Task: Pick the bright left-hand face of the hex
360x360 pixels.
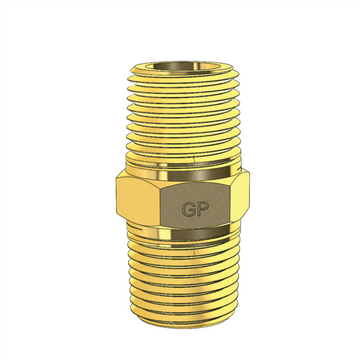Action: [136, 205]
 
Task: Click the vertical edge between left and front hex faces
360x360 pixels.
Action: [160, 206]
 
